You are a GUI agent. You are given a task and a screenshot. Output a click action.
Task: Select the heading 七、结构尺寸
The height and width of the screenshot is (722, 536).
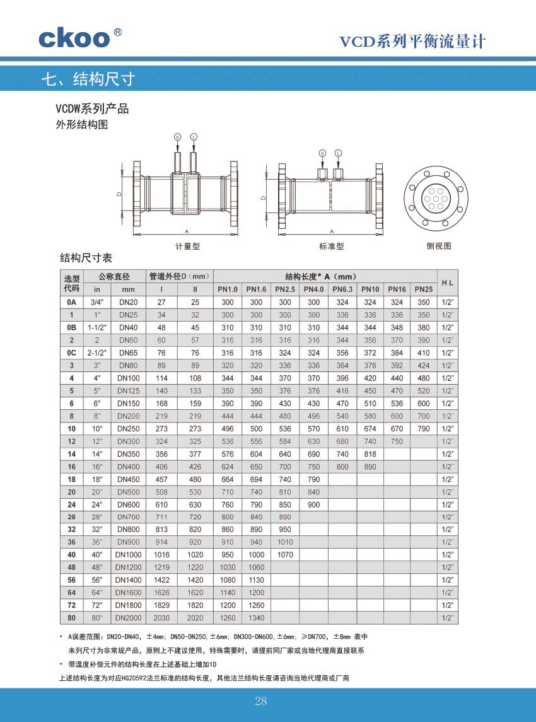88,79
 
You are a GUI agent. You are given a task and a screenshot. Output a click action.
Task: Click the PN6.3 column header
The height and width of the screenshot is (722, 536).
342,289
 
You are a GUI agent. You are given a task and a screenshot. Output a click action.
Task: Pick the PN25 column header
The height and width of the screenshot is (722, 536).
424,289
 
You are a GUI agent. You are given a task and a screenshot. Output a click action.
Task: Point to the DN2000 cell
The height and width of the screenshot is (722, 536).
129,618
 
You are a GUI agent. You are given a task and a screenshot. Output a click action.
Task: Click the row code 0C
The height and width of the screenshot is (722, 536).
72,353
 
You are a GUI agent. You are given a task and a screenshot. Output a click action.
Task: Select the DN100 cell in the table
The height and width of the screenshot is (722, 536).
129,378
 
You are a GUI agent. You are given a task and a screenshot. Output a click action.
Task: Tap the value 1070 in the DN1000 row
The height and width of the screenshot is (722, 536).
285,555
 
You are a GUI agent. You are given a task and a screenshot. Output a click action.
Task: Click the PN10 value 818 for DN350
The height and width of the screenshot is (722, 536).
370,454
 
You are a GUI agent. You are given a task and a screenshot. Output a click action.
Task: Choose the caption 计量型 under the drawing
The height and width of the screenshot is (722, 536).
187,247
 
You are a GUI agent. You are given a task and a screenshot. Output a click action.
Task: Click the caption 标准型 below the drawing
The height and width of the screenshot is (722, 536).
332,247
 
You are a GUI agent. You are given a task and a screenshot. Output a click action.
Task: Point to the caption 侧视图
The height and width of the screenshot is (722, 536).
439,247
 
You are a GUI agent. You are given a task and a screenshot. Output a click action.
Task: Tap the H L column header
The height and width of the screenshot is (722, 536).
448,282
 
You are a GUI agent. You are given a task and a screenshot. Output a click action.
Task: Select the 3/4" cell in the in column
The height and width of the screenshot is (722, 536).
97,303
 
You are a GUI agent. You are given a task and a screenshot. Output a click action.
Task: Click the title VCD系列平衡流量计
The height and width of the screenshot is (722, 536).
413,42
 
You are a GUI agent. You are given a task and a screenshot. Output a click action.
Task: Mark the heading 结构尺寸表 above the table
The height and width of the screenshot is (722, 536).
86,258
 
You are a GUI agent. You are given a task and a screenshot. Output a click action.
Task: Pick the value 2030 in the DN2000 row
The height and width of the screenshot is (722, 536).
161,618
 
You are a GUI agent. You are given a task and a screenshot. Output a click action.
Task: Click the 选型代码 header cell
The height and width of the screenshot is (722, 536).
72,283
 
